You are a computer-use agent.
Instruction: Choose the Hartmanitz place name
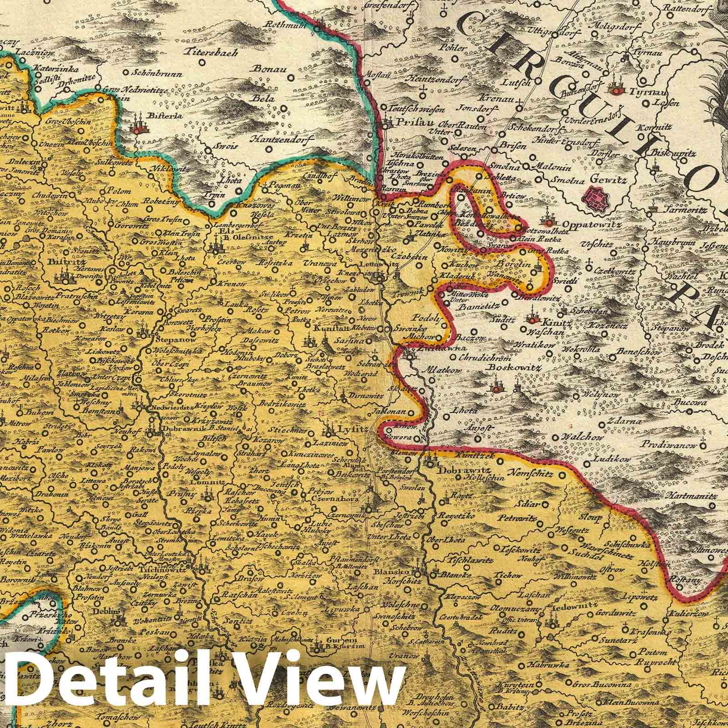click(688, 493)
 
